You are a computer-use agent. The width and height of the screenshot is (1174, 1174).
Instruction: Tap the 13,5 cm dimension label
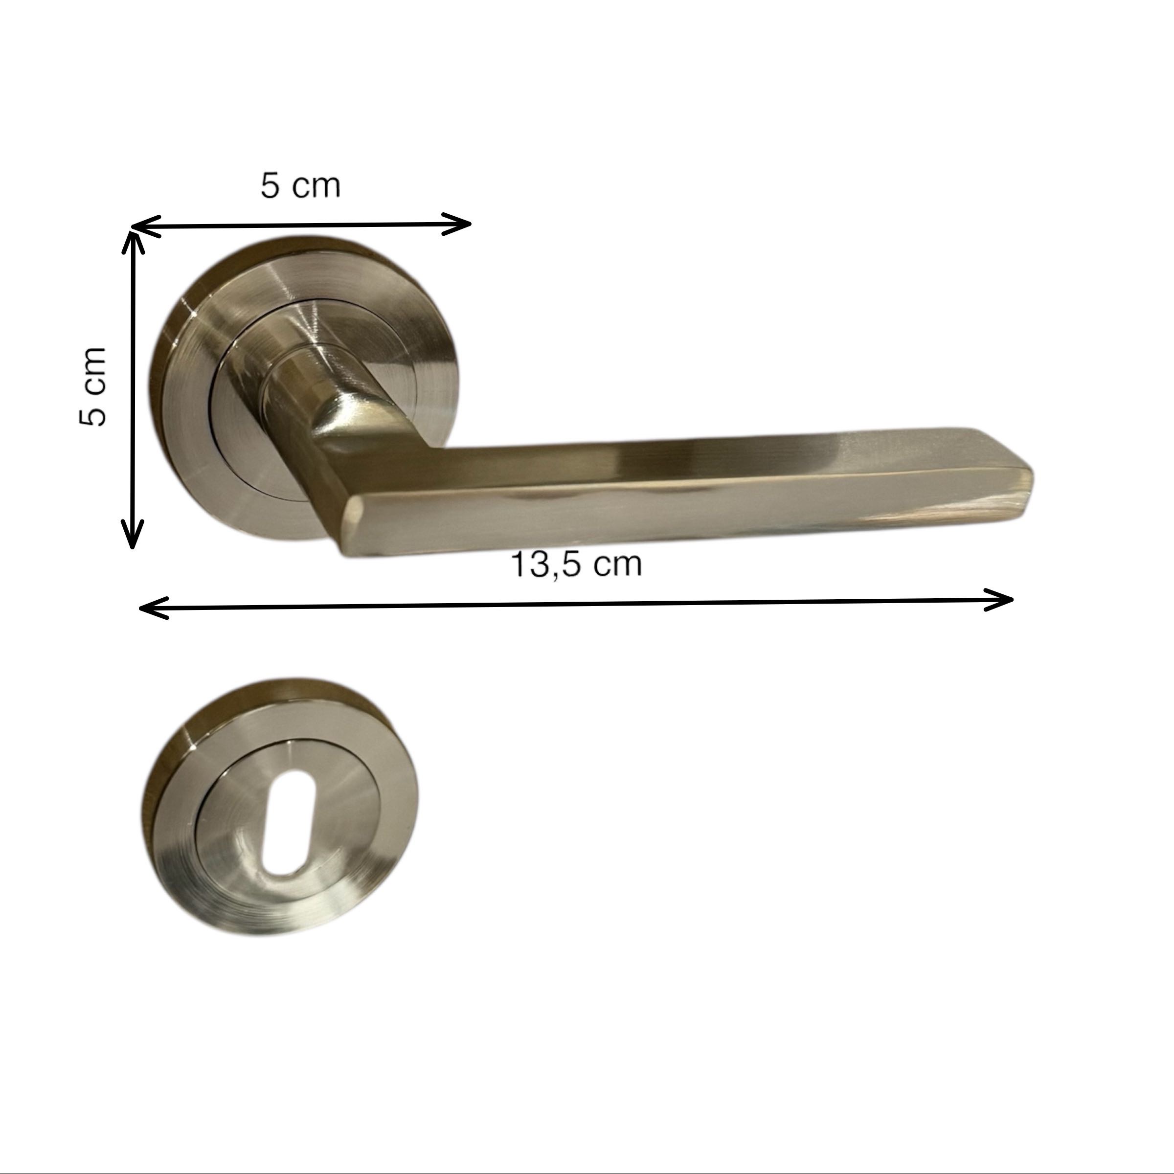coord(576,564)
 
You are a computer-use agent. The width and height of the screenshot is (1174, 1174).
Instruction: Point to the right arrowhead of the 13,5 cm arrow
coord(998,599)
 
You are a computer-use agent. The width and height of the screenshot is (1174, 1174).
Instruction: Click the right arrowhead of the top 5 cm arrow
coord(456,224)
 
